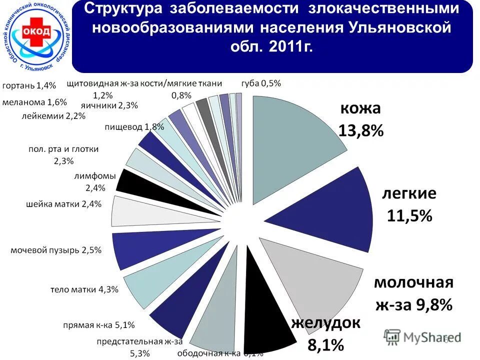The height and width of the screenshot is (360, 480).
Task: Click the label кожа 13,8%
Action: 360,120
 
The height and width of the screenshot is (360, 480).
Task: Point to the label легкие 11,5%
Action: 409,205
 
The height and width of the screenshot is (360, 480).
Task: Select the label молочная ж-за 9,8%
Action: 413,293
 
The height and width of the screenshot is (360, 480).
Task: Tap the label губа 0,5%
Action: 261,83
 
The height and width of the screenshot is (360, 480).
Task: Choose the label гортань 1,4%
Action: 29,85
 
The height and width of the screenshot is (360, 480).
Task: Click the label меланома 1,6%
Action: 34,102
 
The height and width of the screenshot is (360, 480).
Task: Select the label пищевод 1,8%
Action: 134,126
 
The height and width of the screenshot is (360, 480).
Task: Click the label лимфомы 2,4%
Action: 94,182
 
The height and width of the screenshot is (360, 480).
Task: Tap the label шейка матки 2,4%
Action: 63,203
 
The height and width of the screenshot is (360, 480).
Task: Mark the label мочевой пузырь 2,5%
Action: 56,249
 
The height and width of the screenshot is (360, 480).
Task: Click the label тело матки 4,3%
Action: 84,289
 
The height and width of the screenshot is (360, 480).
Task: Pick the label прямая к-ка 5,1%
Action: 98,325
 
